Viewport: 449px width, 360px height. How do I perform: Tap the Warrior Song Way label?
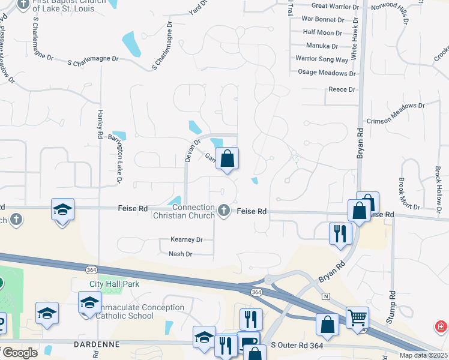coord(322,59)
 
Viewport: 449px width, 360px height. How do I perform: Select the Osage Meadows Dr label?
coord(327,73)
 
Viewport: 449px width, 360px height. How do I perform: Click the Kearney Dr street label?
coord(187,239)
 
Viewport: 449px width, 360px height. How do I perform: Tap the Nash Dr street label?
coord(180,254)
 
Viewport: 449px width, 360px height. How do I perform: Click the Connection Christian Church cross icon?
coord(224,209)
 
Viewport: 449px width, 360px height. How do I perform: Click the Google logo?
coord(19,353)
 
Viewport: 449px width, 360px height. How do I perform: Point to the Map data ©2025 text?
coord(424,355)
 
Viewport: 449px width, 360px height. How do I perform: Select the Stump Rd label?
coord(391,306)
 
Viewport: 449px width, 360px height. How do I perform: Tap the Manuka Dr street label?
coord(321,46)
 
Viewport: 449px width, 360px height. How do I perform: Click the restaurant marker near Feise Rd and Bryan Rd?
coord(340,232)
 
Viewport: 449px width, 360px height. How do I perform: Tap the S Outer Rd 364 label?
coord(298,345)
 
